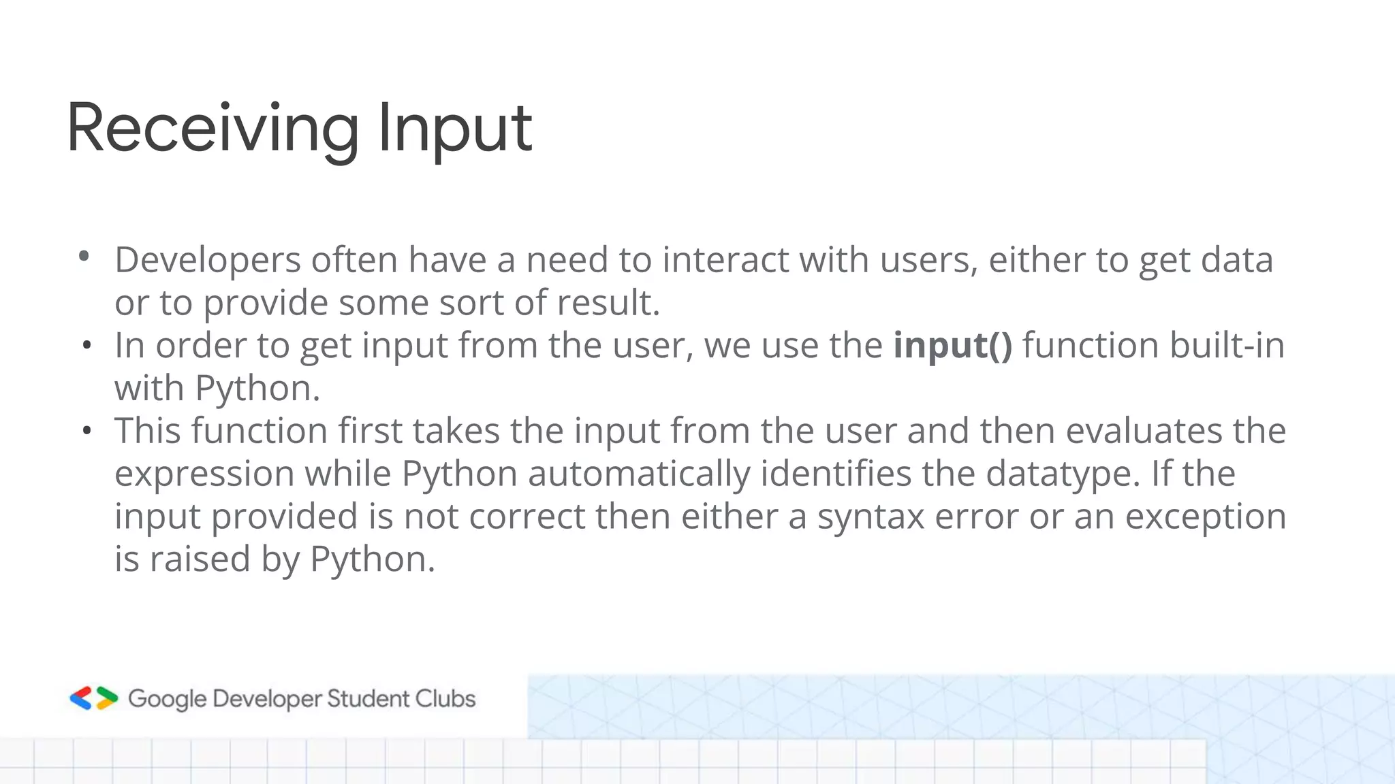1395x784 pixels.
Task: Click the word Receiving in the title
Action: tap(213, 129)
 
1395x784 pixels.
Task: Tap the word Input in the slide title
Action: tap(454, 129)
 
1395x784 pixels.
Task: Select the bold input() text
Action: tap(953, 345)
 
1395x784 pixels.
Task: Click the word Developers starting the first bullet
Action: tap(208, 261)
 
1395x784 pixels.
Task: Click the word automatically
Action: tap(639, 474)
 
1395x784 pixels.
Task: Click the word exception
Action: tap(1205, 517)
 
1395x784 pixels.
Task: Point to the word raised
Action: tap(200, 559)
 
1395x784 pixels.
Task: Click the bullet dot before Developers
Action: tap(84, 257)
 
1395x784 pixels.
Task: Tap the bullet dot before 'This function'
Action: tap(86, 431)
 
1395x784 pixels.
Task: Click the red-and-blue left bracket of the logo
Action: tap(81, 698)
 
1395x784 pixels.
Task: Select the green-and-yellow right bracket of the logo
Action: tap(107, 698)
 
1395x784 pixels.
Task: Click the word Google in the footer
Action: tap(167, 699)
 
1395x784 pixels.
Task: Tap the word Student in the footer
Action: tap(367, 699)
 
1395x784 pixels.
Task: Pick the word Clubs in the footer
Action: tap(445, 699)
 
